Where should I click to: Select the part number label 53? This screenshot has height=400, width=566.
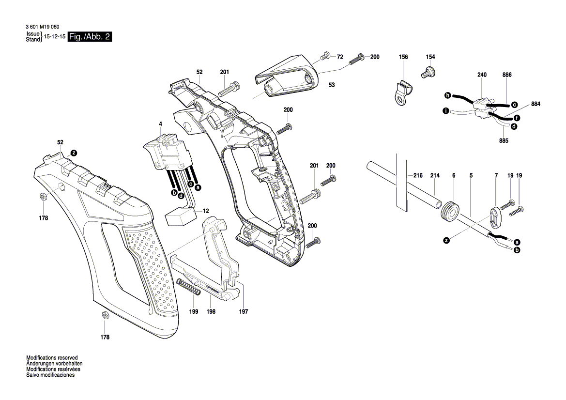pos(332,85)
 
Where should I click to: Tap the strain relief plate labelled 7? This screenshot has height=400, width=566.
pos(495,215)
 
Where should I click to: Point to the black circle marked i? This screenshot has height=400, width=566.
pos(445,111)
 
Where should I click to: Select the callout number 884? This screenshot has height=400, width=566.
pos(535,104)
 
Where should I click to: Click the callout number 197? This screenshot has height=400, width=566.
pos(243,312)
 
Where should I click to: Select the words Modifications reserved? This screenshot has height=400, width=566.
pos(52,357)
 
